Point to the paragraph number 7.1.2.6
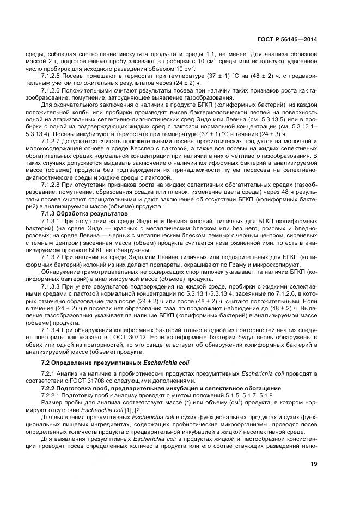pyautogui.click(x=51, y=90)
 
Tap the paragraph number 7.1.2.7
pyautogui.click(x=51, y=139)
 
